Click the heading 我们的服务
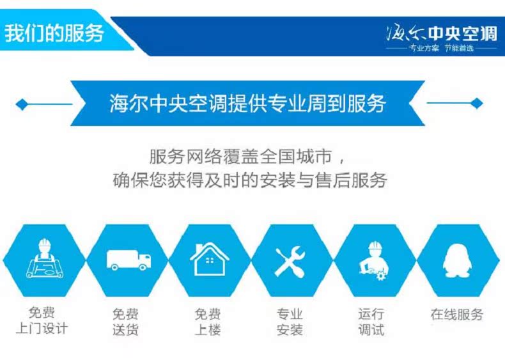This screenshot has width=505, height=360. (54, 33)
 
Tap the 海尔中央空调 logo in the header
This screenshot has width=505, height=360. (442, 33)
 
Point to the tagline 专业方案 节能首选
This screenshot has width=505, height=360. (442, 49)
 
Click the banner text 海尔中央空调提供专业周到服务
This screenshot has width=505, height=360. (247, 103)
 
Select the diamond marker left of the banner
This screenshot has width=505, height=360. (22, 104)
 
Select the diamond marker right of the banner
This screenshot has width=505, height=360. (477, 104)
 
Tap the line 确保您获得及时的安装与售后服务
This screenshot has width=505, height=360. (250, 180)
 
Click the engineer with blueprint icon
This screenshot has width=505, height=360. (45, 258)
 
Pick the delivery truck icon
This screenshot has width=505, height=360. (129, 260)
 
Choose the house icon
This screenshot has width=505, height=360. (210, 260)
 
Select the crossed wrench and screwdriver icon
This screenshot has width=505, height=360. (290, 262)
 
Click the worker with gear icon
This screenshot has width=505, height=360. (374, 260)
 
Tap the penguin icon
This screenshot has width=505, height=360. (457, 260)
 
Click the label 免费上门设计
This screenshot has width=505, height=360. (42, 320)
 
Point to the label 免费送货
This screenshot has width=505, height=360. (125, 322)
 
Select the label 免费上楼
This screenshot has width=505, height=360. (208, 322)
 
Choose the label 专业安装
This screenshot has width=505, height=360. (290, 322)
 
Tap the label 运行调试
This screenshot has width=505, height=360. (371, 322)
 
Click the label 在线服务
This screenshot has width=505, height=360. (456, 314)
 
